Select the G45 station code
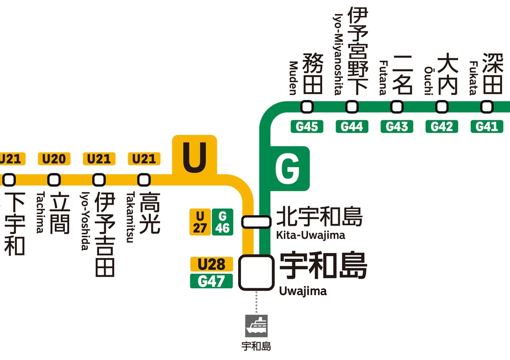pyautogui.click(x=307, y=126)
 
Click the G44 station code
pyautogui.click(x=352, y=126)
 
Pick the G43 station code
pyautogui.click(x=397, y=126)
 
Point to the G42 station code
pyautogui.click(x=442, y=126)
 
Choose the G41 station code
pyautogui.click(x=487, y=126)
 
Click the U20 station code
pyautogui.click(x=54, y=159)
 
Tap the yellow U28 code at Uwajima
pyautogui.click(x=211, y=264)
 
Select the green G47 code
pyautogui.click(x=211, y=281)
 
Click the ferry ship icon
pyautogui.click(x=256, y=326)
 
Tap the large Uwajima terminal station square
pyautogui.click(x=256, y=272)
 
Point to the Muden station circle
pyautogui.click(x=307, y=107)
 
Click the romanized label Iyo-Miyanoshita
pyautogui.click(x=338, y=54)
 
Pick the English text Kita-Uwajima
pyautogui.click(x=310, y=235)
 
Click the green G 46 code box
pyautogui.click(x=222, y=222)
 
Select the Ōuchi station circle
pyautogui.click(x=442, y=107)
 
